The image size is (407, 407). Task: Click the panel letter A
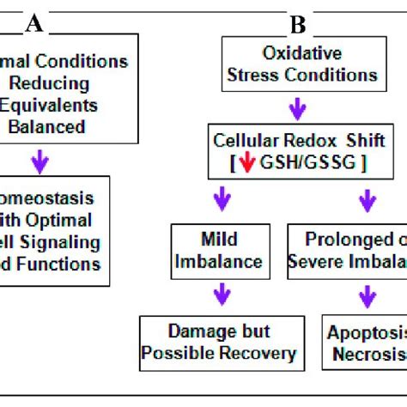coord(33,23)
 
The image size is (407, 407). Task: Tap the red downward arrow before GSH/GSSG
coord(246,164)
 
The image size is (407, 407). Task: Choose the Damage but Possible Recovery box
coord(218,343)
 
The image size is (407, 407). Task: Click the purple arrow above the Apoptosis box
coord(367,295)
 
